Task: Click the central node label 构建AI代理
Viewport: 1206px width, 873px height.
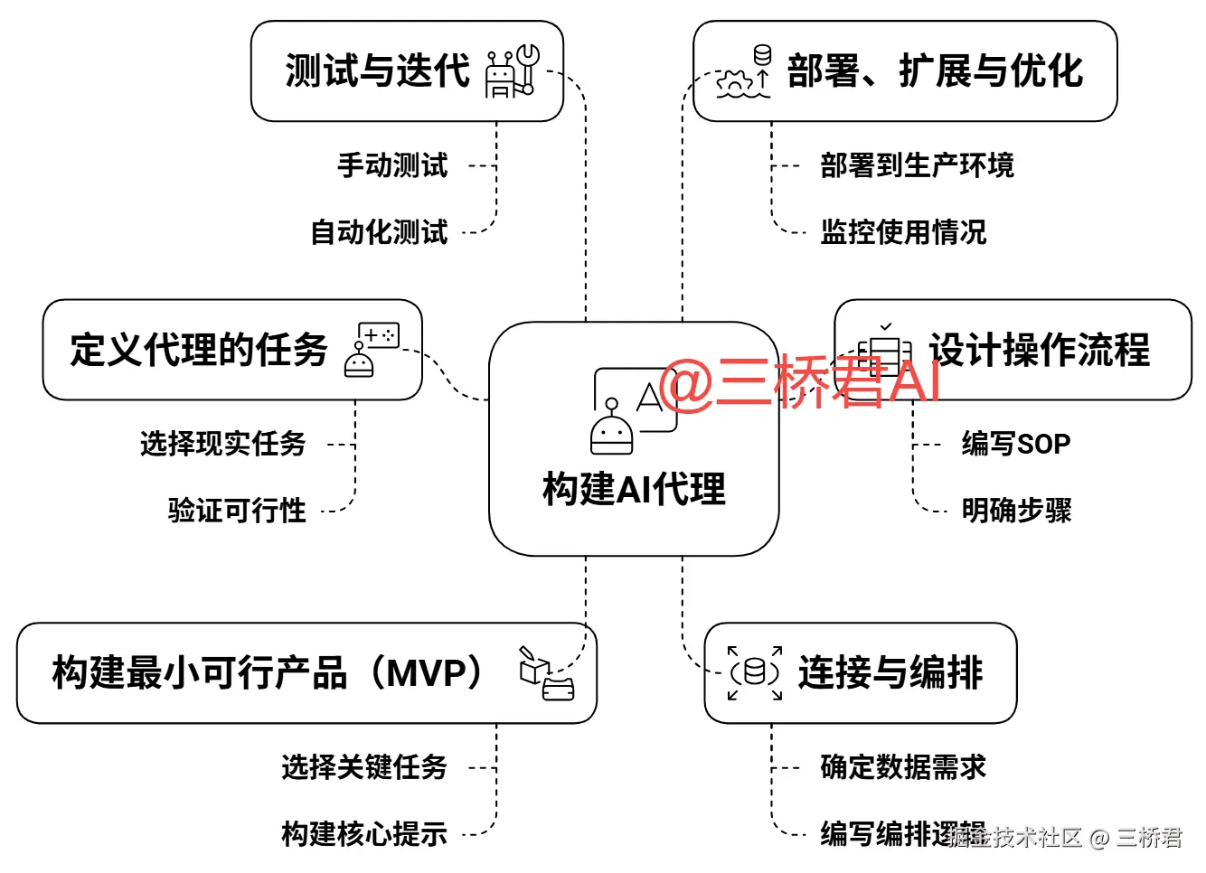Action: (x=634, y=489)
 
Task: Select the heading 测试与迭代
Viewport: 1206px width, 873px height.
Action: (x=378, y=70)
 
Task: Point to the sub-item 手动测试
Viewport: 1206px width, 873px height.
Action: (x=392, y=165)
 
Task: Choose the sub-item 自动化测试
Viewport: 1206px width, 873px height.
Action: (x=379, y=232)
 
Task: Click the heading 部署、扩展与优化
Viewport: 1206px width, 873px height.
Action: (x=935, y=70)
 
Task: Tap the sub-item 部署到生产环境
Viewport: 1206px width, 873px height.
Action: (x=917, y=165)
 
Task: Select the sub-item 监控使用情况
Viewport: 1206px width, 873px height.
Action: (x=903, y=232)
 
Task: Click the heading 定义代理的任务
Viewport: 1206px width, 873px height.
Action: (x=199, y=350)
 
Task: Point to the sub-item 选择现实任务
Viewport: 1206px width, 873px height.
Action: (x=222, y=444)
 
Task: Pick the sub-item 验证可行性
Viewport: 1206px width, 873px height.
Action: (x=237, y=511)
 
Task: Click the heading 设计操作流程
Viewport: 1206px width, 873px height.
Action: (x=1040, y=350)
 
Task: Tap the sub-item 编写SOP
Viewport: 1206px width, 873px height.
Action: (x=1016, y=444)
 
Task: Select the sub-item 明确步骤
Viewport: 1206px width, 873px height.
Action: (x=1016, y=511)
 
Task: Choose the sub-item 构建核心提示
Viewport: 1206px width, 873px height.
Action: (x=364, y=833)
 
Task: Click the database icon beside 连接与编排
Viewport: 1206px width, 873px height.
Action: (x=755, y=672)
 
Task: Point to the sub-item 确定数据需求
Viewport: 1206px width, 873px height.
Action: (x=903, y=766)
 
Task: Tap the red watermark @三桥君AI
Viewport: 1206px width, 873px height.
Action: (x=801, y=382)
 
